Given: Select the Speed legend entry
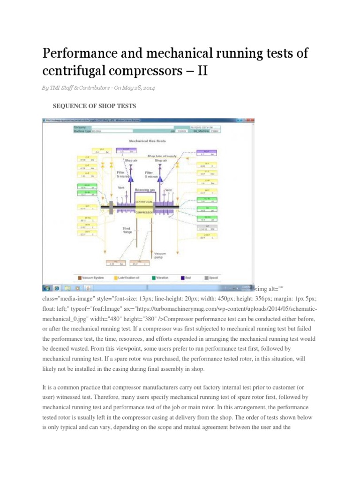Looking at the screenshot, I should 211,277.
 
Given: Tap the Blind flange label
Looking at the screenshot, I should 123,230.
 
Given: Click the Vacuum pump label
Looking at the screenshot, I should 160,255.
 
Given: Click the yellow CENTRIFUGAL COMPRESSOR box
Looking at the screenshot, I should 144,207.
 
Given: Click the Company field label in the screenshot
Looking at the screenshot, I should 80,127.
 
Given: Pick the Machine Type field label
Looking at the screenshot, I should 84,131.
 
